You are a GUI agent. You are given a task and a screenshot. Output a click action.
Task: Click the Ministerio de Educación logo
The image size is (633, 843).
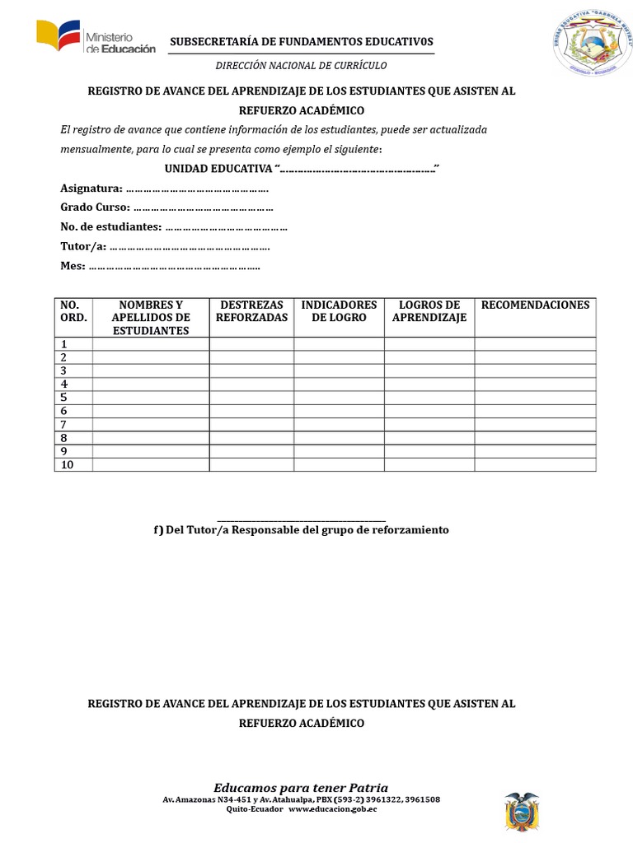95,39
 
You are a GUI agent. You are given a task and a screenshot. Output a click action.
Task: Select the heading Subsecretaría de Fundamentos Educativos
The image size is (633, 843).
301,42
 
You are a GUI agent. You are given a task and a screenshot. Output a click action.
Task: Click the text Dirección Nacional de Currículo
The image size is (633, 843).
301,65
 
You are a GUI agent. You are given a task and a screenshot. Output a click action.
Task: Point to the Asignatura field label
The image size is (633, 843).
91,189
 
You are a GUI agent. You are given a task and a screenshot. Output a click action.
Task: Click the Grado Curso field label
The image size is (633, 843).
95,207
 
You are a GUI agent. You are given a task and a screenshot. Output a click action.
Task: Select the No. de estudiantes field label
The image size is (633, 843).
110,226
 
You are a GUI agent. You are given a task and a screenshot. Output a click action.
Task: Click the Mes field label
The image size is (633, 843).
73,266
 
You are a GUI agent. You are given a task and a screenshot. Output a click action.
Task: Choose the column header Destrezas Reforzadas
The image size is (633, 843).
251,311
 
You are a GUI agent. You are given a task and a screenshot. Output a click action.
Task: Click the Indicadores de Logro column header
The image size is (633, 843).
339,311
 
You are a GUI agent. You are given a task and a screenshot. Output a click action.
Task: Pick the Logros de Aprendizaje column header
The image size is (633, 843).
429,311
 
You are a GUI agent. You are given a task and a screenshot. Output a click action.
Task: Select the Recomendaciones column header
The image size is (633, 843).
535,305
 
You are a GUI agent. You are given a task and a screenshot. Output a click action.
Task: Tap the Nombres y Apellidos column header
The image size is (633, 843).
151,317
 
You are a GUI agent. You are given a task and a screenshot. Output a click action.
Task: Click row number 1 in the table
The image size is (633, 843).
63,344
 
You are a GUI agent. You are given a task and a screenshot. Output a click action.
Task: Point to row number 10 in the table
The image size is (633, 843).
67,465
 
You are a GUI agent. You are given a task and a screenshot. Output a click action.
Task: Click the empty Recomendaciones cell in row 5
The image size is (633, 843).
535,398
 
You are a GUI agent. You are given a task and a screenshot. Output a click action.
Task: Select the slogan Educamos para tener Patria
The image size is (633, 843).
301,787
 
